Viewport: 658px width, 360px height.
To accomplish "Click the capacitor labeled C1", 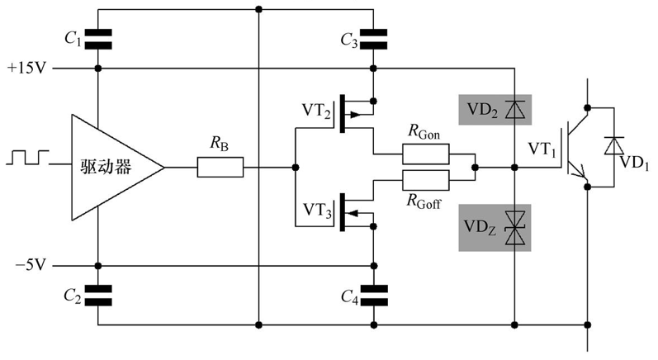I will coord(98,36).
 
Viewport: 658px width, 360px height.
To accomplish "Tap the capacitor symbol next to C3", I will coord(374,36).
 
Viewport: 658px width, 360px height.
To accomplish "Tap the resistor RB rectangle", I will coord(220,168).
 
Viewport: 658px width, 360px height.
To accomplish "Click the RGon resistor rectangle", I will coord(426,154).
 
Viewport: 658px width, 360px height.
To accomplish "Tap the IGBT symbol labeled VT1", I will coord(575,149).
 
